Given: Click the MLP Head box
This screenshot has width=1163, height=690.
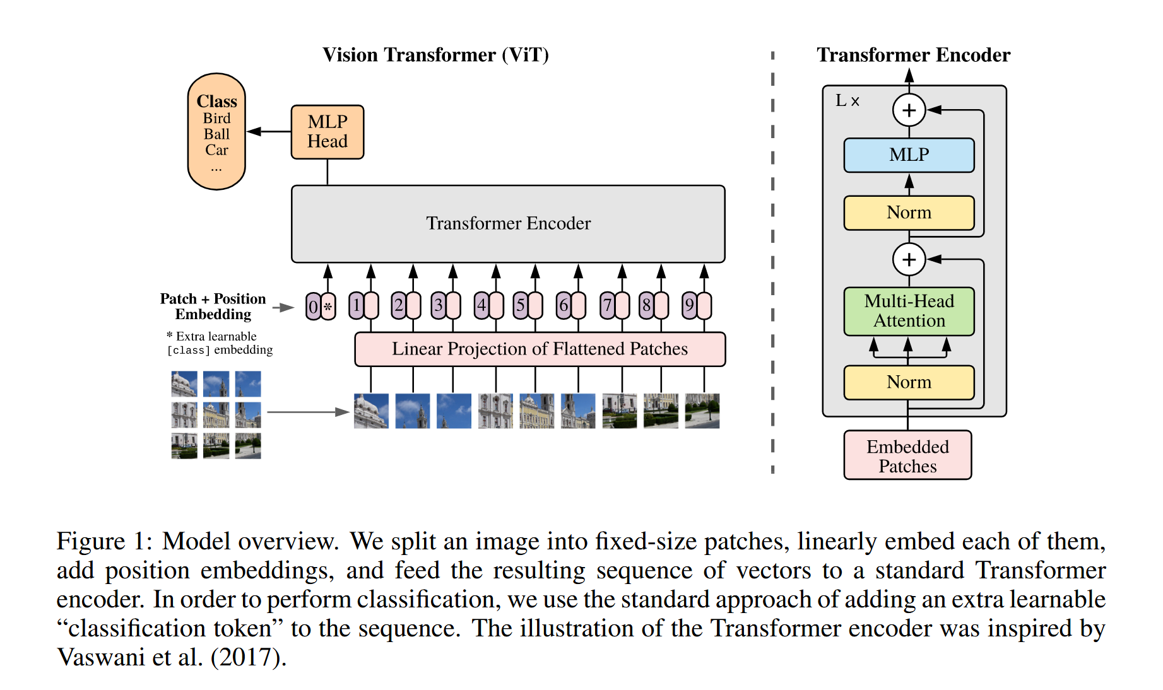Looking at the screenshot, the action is (327, 132).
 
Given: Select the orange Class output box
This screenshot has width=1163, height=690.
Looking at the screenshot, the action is (216, 131).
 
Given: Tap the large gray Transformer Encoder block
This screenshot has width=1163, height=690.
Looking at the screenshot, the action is (508, 223).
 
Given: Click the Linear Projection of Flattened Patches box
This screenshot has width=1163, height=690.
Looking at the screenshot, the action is (540, 349).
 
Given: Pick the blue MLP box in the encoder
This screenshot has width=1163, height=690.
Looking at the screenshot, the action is (909, 155).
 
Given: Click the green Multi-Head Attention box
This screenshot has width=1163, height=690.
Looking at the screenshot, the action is (909, 311).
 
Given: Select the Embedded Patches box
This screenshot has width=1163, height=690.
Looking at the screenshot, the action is (907, 455).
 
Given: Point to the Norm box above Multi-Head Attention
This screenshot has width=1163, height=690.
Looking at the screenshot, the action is (909, 213).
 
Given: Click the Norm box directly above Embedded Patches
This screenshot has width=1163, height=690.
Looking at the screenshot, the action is (909, 382).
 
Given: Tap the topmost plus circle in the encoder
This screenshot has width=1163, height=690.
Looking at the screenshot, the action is (909, 110).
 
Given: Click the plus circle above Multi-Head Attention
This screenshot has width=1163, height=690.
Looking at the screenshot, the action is (909, 259).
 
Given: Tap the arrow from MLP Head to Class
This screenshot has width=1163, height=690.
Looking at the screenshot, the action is (269, 131).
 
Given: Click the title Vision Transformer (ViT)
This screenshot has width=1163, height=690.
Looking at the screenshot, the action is (435, 55).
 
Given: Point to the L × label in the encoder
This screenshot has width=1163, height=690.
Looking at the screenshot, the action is (847, 100).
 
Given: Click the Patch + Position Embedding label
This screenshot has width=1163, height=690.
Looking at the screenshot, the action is (213, 307).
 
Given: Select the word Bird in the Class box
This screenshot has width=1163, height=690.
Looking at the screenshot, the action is (216, 119).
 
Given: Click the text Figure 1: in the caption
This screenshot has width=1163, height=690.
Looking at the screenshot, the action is (104, 542).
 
